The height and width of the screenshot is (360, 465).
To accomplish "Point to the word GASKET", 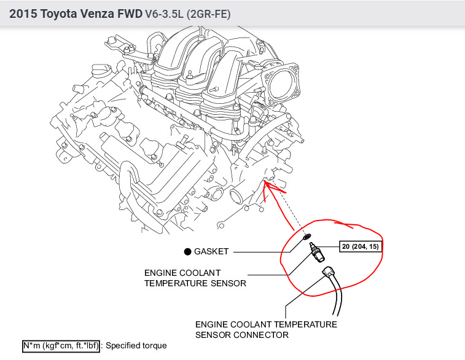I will [x=211, y=251].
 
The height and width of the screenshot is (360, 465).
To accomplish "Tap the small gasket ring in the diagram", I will [x=307, y=235].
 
